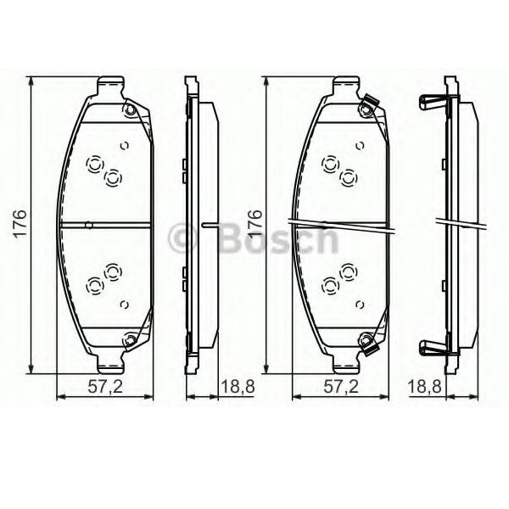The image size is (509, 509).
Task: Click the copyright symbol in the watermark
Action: pyautogui.click(x=182, y=237)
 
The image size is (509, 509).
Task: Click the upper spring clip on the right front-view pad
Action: pyautogui.click(x=368, y=107)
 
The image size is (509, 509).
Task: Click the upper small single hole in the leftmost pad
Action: pyautogui.click(x=125, y=144)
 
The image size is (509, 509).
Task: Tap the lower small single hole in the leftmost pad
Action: pyautogui.click(x=125, y=304)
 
